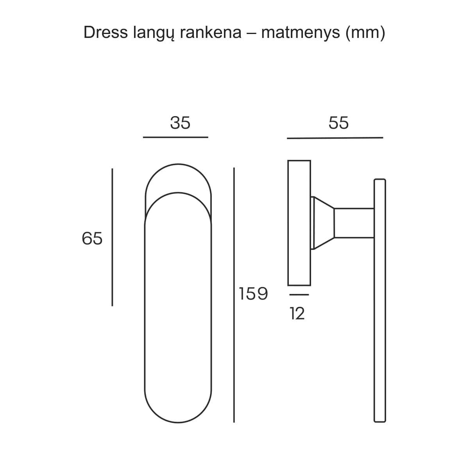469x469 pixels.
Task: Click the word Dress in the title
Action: pos(106,32)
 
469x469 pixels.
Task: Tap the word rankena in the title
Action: pos(211,32)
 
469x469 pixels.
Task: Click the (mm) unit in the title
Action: pos(365,32)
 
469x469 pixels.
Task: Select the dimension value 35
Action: pos(180,123)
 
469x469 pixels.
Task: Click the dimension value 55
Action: pos(338,123)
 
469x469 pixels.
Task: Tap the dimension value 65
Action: pos(92,238)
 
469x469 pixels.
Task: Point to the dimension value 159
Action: pos(253,294)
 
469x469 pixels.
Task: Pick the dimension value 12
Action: pos(297,313)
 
